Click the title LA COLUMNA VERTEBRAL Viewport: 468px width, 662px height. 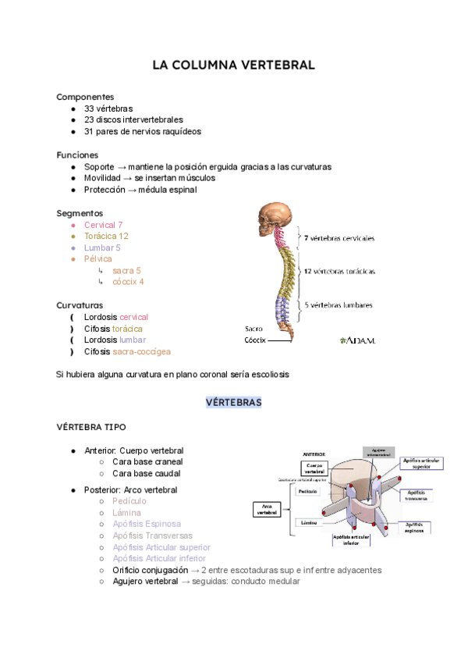coord(234,66)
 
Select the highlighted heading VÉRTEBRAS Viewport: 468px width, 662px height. coord(234,403)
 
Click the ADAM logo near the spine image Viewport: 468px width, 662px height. coord(358,340)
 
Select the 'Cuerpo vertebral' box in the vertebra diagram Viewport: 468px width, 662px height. coord(314,468)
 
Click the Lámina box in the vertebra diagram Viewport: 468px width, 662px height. coord(307,522)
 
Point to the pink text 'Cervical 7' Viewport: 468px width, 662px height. coord(104,225)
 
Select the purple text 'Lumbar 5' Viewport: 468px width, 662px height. coord(102,247)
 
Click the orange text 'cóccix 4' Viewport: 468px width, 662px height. coord(128,282)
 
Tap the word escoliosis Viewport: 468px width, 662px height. coord(268,375)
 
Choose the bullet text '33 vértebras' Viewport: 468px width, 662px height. coord(108,109)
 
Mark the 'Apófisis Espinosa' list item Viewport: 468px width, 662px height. coord(147,524)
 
